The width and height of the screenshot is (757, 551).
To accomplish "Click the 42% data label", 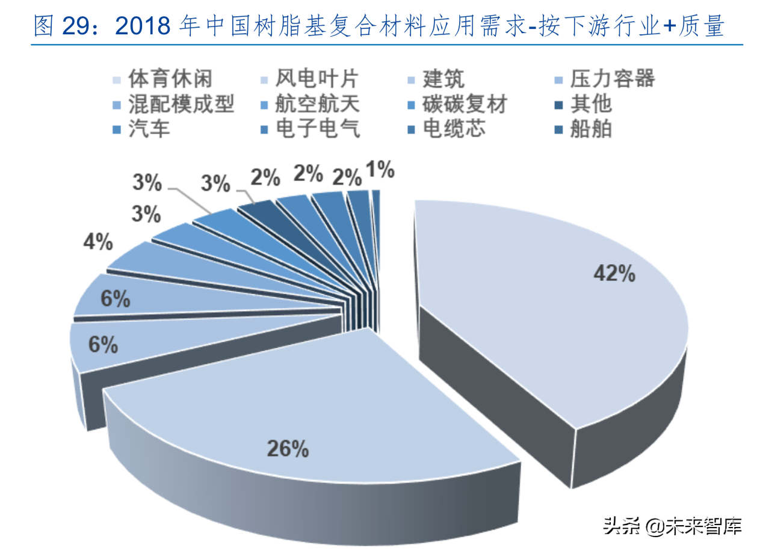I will (x=614, y=274).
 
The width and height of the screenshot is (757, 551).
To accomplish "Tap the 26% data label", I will (x=288, y=449).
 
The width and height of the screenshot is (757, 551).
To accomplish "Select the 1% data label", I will (x=380, y=171).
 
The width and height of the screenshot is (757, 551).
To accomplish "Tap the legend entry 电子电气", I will (x=317, y=129).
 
